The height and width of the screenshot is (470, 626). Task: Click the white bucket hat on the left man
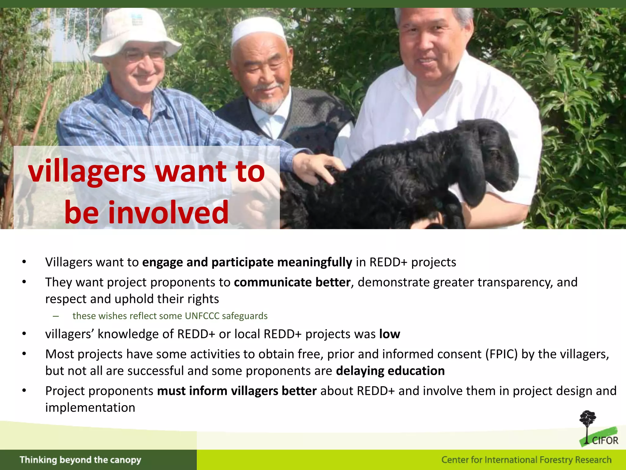tap(134, 34)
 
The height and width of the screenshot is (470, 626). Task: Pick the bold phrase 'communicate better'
tap(292, 282)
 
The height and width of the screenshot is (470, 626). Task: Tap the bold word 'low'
tap(389, 334)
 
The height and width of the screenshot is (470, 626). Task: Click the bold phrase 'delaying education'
tap(390, 371)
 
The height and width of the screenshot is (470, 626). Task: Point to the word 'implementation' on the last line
tap(90, 408)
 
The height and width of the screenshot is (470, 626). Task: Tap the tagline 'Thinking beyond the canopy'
tap(80, 460)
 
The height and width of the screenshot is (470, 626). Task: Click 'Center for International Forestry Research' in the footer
tap(526, 460)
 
